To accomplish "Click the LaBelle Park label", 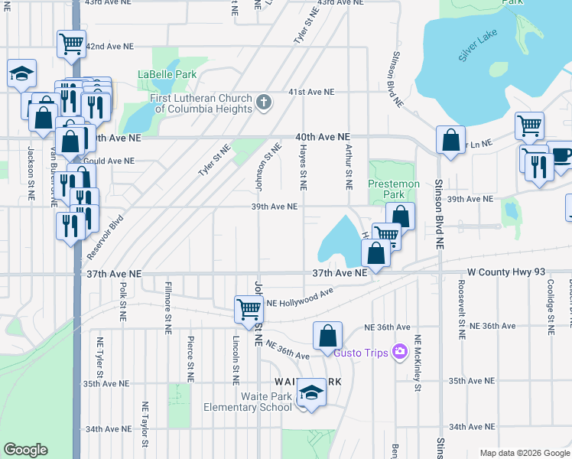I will [x=167, y=74].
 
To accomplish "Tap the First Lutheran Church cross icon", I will [x=264, y=102].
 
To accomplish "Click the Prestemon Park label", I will [x=394, y=184].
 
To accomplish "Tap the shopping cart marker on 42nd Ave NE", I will [x=71, y=44].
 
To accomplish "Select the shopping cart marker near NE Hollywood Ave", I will [x=249, y=309].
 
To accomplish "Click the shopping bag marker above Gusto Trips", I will [x=327, y=335].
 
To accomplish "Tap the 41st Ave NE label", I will [x=311, y=92].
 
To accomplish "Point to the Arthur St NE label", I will [x=348, y=168].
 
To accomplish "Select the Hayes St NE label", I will [x=304, y=168].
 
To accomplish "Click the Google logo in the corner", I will [x=25, y=450].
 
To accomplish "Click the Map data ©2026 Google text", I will [x=525, y=453].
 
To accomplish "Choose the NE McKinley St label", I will [x=418, y=363].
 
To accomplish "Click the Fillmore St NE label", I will [x=167, y=308].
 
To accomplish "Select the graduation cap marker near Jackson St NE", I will [x=21, y=75].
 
